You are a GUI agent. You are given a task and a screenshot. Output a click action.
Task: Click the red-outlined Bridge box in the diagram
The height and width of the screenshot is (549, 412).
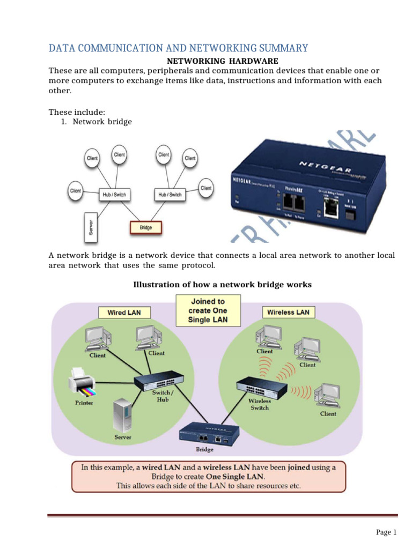coord(145,227)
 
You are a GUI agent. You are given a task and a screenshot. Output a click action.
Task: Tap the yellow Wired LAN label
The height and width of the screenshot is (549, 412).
coord(124,312)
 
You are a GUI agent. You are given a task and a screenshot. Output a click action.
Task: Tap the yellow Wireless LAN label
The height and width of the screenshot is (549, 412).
coord(288,312)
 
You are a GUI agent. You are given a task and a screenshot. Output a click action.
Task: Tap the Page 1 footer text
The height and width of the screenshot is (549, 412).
coord(386,532)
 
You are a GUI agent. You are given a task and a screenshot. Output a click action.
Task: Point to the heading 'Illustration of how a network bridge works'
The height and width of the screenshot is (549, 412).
coord(222,285)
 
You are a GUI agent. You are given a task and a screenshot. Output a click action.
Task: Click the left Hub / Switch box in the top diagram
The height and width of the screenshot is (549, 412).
coord(114,195)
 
